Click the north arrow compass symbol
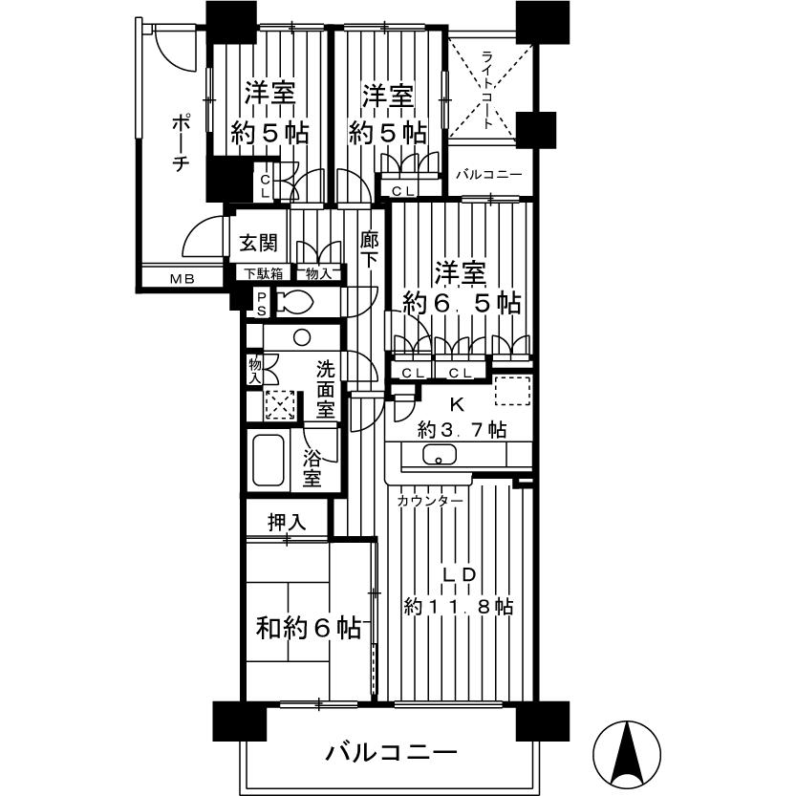pos(628,750)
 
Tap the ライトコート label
pos(487,90)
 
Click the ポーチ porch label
pos(180,142)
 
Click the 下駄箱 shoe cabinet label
pos(263,273)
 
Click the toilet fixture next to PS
pos(297,303)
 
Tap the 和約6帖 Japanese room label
pos(308,629)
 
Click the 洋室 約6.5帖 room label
pos(461,288)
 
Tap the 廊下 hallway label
pos(369,250)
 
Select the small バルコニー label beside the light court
pos(487,175)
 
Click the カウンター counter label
pos(429,501)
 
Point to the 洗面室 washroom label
pos(326,387)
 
